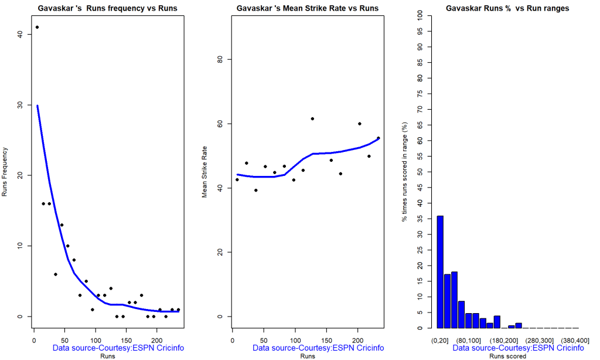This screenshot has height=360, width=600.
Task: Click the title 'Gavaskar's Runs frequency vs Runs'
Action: (107, 8)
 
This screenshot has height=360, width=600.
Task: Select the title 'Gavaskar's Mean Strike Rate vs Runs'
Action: (307, 8)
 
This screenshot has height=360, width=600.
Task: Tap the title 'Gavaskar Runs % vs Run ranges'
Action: (507, 8)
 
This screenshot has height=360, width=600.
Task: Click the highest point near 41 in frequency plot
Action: (37, 27)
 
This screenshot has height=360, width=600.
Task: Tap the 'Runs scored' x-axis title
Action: (507, 356)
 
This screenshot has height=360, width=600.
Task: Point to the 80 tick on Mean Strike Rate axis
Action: (220, 59)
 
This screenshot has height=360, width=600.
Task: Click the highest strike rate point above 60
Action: (312, 119)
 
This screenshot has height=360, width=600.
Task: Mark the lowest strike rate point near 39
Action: (256, 190)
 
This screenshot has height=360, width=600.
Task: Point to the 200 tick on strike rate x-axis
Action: (357, 339)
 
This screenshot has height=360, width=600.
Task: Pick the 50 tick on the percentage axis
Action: (420, 172)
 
